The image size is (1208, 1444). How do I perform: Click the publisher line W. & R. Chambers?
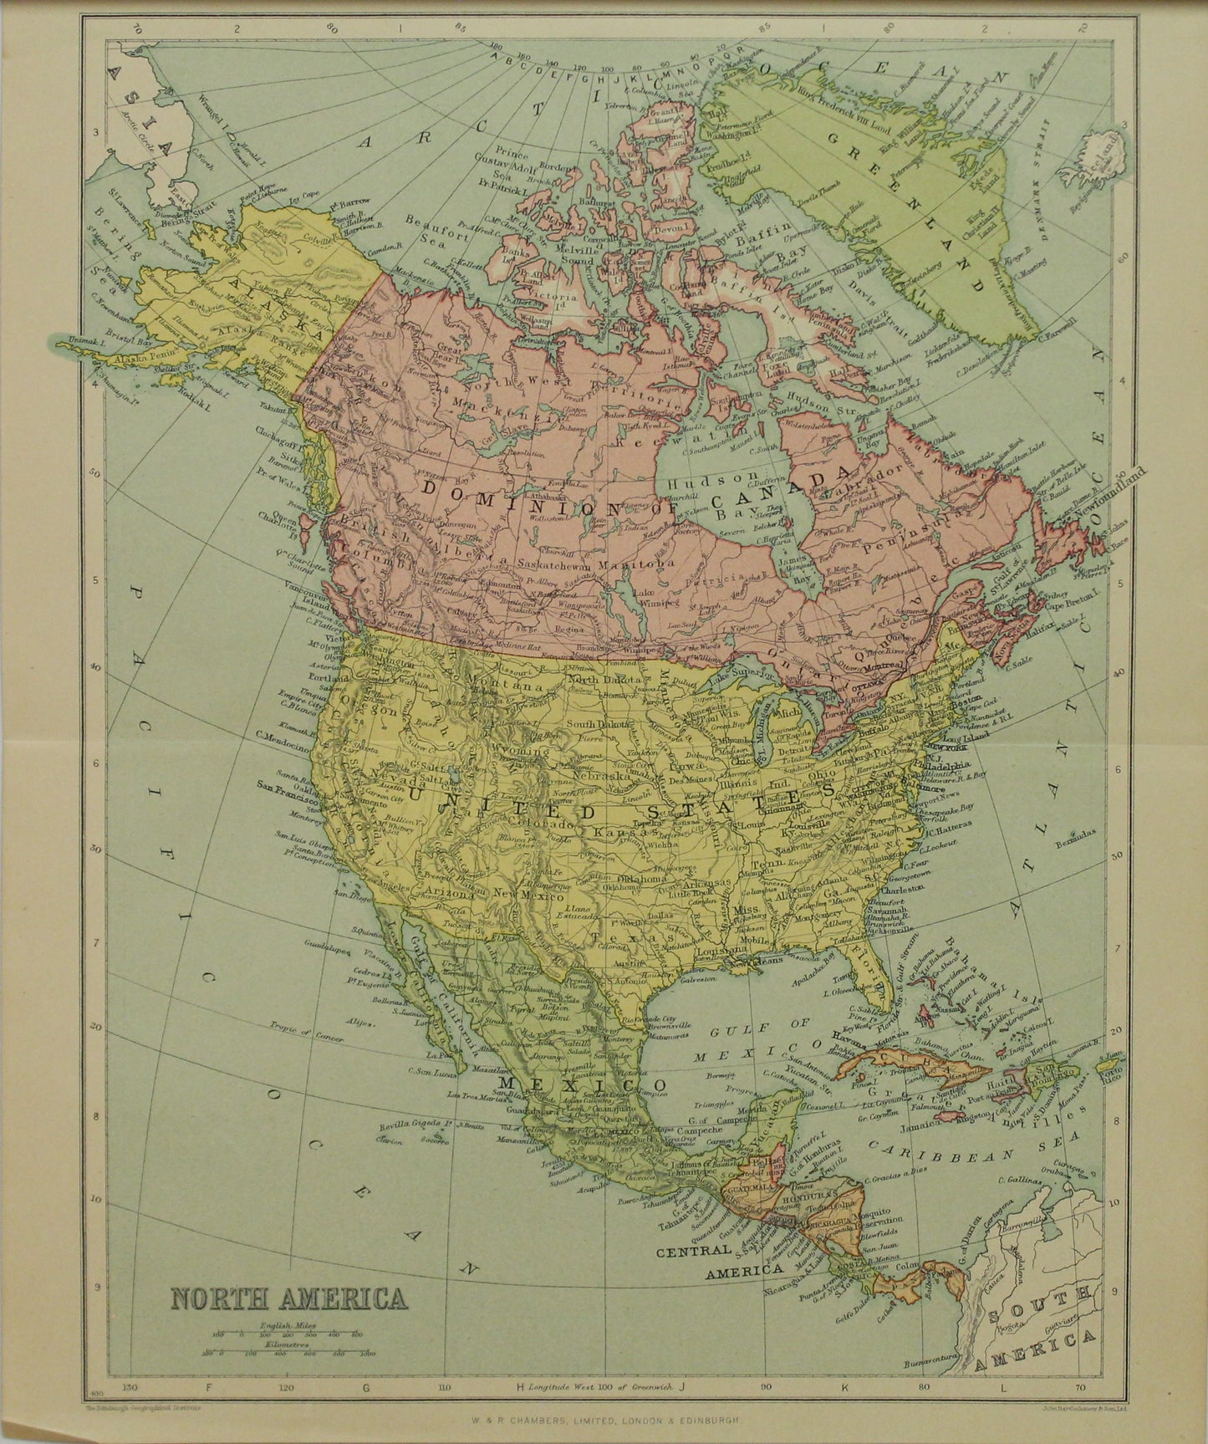[604, 1431]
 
